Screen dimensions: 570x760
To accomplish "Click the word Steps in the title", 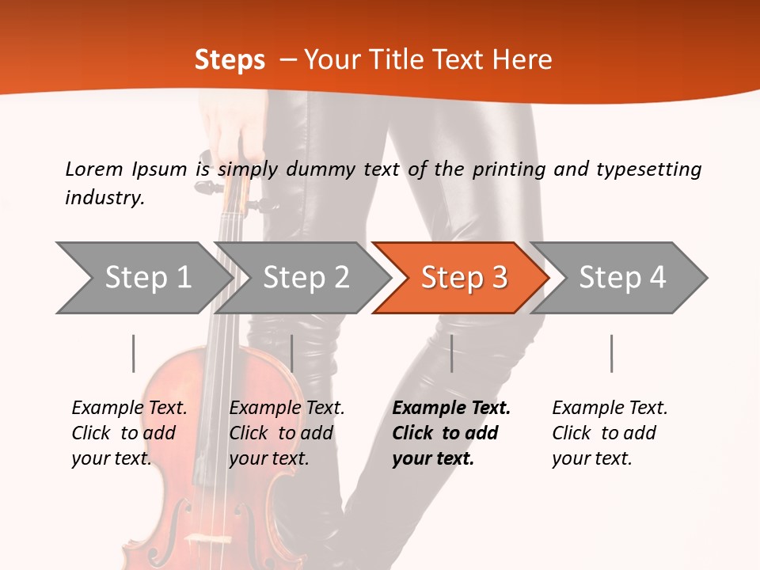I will point(230,60).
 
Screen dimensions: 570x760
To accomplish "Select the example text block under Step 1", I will point(129,433).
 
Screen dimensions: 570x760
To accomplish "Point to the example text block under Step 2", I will point(287,433).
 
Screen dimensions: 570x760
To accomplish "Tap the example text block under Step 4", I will point(610,433).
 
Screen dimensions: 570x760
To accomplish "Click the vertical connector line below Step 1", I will point(134,353).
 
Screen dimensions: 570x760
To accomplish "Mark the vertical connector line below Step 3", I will point(451,353).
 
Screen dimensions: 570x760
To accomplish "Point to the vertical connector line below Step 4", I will point(611,353).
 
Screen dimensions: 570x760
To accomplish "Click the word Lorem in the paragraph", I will point(94,169).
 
